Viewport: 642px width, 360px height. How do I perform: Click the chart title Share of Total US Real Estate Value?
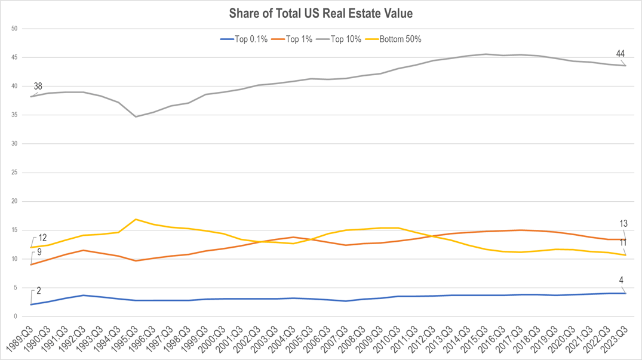(321, 13)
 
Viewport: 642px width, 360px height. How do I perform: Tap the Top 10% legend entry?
(346, 39)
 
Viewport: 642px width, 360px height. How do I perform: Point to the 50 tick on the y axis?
(14, 29)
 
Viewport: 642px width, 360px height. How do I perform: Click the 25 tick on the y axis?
(14, 173)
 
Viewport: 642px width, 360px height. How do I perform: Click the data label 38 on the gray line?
(38, 87)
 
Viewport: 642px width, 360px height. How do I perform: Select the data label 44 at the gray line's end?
(621, 54)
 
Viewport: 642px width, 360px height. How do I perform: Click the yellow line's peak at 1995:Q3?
(136, 219)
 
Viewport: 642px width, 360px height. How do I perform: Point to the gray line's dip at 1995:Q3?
(136, 116)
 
